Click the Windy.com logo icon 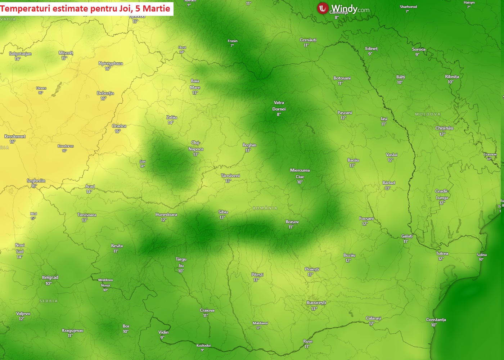pos(322,8)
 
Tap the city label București pos(316,303)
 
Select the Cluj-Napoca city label pos(196,146)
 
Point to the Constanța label pos(436,320)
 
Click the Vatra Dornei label pos(279,106)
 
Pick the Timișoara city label pos(87,215)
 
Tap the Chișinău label pos(444,128)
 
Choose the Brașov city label pos(292,222)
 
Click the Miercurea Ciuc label pos(300,174)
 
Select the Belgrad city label pos(50,278)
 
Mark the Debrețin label pos(105,93)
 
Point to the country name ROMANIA pos(265,208)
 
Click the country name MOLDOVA pos(428,114)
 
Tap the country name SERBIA pos(49,301)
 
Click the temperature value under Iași pos(384,124)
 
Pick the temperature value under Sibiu pos(222,217)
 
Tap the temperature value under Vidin pos(162,338)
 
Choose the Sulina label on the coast pos(482,255)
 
